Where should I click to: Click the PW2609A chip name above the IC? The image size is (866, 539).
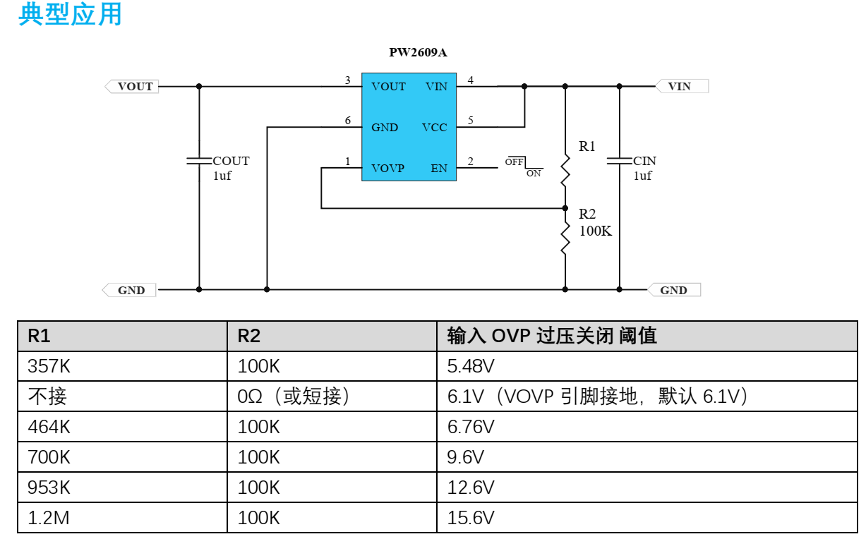418,52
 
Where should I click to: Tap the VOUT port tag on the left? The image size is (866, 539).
133,87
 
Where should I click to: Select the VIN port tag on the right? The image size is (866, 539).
681,87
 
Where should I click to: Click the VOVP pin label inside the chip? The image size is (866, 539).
388,169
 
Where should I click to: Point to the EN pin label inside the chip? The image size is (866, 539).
439,169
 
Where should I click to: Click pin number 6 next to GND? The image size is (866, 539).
348,121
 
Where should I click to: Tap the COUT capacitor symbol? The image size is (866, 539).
199,162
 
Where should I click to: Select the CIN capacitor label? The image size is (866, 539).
644,162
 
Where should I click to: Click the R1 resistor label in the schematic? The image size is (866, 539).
587,147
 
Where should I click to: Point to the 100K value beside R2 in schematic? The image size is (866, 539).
596,231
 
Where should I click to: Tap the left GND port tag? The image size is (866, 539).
131,290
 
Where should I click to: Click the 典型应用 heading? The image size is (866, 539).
71,14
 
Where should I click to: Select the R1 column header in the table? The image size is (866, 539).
40,337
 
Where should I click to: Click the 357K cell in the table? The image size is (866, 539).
49,367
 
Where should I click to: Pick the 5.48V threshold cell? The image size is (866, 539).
471,367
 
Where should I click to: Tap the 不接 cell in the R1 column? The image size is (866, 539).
47,397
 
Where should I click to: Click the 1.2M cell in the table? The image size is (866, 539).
49,519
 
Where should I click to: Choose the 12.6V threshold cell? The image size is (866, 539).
471,488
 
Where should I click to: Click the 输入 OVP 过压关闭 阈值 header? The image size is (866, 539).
552,337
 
